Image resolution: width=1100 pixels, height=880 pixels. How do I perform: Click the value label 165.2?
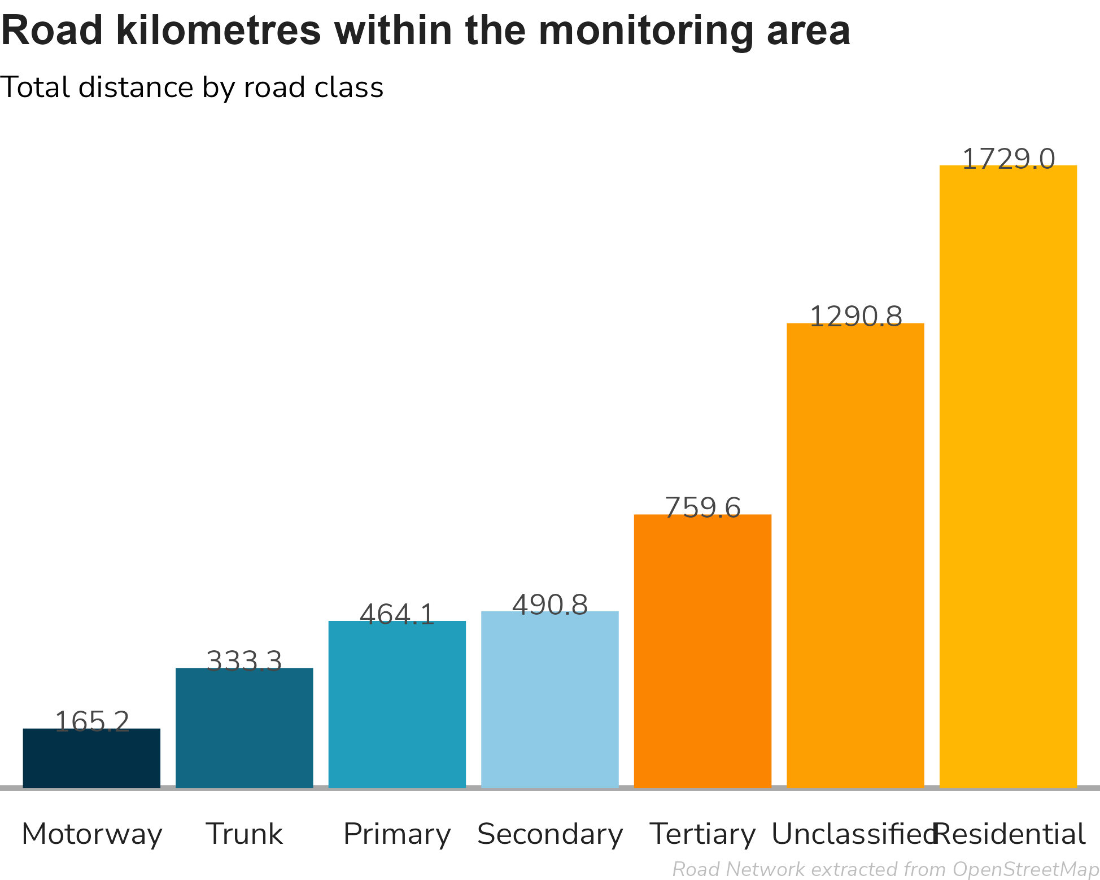click(92, 721)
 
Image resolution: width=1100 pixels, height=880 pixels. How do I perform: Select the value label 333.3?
click(245, 661)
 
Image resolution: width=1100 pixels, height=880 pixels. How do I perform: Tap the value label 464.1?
click(397, 614)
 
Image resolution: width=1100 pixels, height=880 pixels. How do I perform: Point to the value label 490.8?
click(550, 605)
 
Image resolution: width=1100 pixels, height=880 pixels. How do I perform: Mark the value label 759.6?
click(702, 507)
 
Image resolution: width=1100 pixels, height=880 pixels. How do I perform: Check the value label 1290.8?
click(855, 316)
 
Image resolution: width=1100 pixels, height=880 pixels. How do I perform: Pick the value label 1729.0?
click(1008, 159)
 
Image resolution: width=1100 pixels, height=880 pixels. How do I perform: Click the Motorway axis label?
click(92, 834)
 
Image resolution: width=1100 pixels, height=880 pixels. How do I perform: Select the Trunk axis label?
click(245, 834)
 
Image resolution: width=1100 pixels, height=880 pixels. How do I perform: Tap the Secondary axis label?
click(550, 834)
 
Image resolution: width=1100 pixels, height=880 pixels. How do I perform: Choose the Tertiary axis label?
click(702, 834)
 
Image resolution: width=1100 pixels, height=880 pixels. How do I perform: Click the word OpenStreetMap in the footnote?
click(1025, 869)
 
